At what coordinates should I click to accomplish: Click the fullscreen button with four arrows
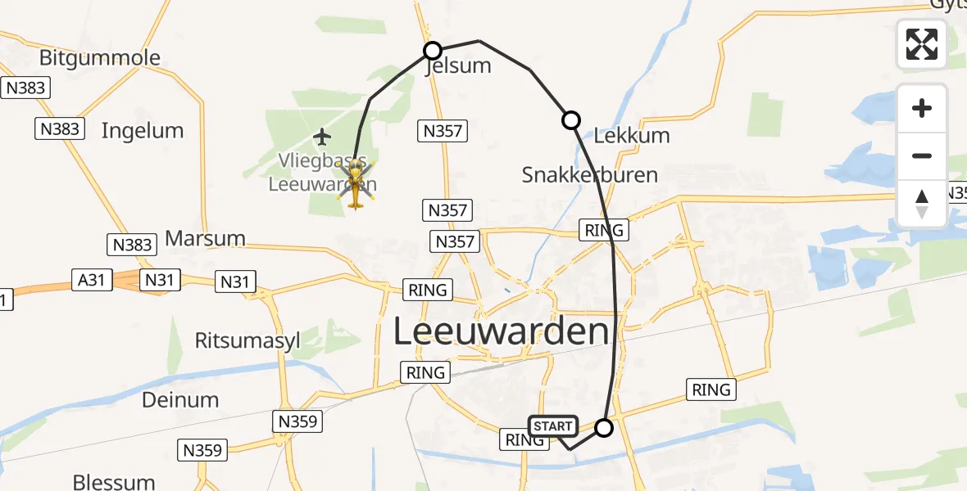click(x=922, y=44)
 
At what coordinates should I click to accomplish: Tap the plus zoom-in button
click(x=922, y=109)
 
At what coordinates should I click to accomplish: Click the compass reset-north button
click(x=922, y=203)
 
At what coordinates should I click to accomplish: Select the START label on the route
click(x=553, y=426)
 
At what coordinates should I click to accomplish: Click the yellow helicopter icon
click(x=356, y=185)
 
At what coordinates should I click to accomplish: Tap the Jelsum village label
click(x=458, y=66)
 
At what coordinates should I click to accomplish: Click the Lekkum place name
click(x=631, y=136)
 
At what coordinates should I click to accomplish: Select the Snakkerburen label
click(x=589, y=175)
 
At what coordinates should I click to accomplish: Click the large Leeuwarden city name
click(x=502, y=332)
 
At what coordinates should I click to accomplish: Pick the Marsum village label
click(x=205, y=239)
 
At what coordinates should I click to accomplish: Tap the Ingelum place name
click(x=142, y=131)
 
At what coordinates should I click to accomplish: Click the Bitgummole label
click(x=100, y=59)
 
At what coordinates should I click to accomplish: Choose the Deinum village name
click(x=180, y=400)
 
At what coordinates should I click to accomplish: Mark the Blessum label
click(x=114, y=481)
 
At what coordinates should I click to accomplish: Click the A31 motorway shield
click(x=91, y=280)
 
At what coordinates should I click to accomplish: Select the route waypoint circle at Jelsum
click(x=432, y=51)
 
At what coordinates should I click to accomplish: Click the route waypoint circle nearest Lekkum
click(x=571, y=120)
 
